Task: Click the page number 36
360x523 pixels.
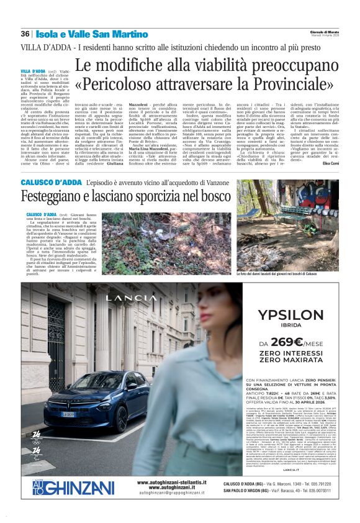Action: (25, 34)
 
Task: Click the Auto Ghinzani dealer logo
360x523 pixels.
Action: (65, 486)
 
